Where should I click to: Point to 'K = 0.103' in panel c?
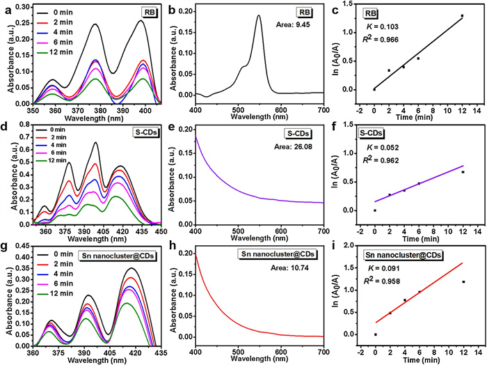click(381, 26)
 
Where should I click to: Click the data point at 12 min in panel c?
click(461, 16)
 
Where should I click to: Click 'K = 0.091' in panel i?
click(382, 266)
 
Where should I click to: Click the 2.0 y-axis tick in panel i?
click(356, 246)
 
